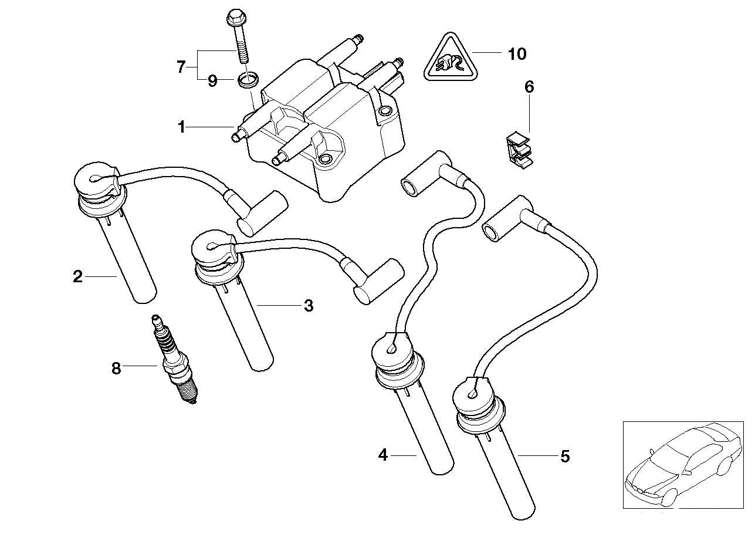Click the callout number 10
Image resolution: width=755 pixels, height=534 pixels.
(x=517, y=54)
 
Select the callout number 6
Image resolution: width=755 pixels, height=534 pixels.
(x=529, y=87)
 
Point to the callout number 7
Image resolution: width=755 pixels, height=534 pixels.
(x=181, y=67)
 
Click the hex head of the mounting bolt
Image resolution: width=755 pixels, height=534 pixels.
(x=233, y=15)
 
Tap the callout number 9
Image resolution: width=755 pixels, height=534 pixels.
(x=212, y=81)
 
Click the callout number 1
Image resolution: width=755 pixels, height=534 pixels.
(x=182, y=127)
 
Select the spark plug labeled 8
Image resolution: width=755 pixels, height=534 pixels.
(x=174, y=359)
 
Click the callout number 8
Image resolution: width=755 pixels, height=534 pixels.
(x=116, y=369)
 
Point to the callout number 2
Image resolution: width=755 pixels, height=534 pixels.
(x=77, y=277)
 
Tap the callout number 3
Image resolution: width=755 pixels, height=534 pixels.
(x=309, y=306)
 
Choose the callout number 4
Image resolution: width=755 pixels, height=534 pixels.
(x=383, y=455)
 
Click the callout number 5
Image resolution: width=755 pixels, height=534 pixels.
(x=565, y=456)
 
